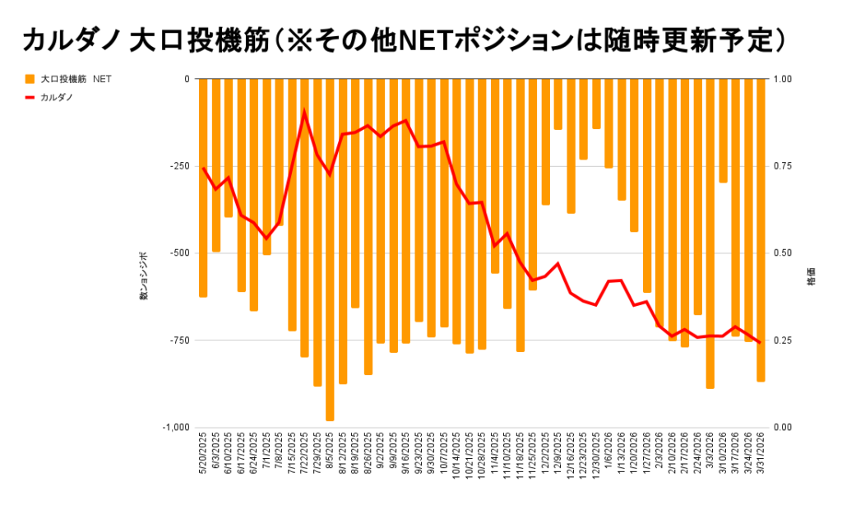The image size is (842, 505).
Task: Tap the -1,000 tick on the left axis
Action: point(175,427)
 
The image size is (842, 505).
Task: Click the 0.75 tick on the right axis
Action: point(784,166)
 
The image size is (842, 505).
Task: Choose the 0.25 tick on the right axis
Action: point(784,340)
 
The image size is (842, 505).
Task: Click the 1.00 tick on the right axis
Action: point(784,79)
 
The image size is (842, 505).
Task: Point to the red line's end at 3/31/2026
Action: point(761,343)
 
